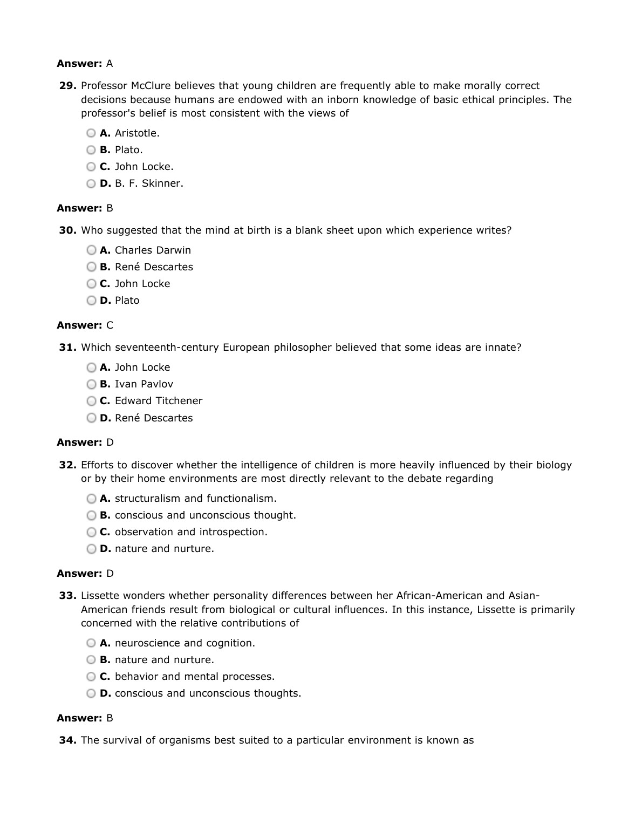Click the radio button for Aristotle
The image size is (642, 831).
tap(91, 133)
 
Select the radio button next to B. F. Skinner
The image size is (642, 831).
tap(91, 183)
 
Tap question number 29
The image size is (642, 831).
tap(68, 86)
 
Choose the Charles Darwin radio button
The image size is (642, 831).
tap(91, 250)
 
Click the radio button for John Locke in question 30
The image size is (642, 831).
tap(91, 284)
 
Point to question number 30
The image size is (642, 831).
tap(68, 230)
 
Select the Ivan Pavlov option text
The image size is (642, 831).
tap(144, 384)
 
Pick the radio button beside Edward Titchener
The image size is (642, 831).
tap(91, 401)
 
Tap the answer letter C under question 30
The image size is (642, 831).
tap(110, 325)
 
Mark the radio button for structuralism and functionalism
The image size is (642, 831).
tap(91, 499)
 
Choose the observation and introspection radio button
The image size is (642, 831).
tap(91, 532)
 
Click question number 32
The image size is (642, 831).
tap(68, 465)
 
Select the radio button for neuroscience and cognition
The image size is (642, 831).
tap(91, 643)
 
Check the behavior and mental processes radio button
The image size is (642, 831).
tap(91, 677)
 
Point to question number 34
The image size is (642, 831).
tap(68, 740)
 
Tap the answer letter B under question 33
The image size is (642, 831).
tap(110, 718)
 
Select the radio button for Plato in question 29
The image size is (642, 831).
tap(91, 150)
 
